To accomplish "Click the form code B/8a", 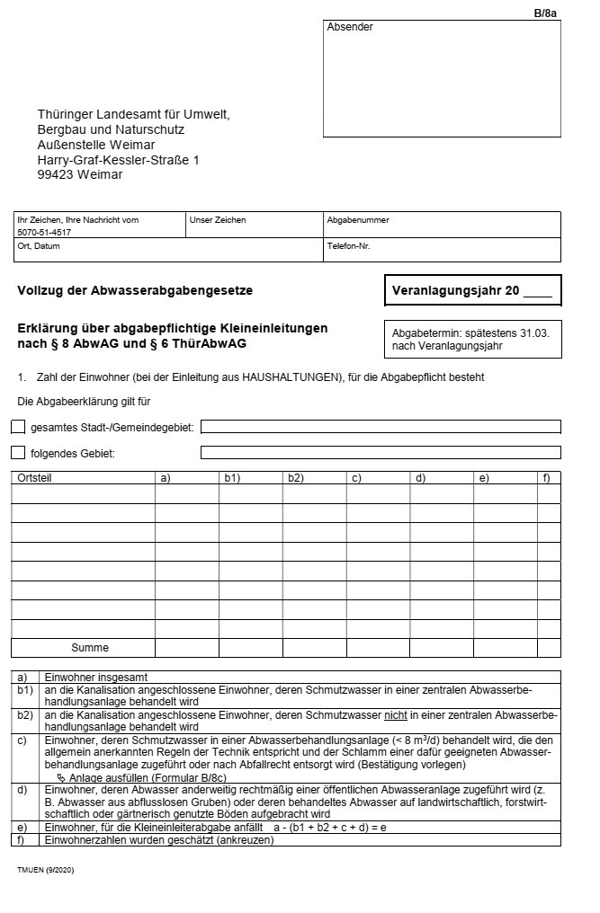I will (546, 13).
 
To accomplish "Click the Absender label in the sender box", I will (350, 28).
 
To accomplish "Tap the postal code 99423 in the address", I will (55, 174).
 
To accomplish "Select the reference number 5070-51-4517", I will (44, 232).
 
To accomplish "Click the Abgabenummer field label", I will (357, 219).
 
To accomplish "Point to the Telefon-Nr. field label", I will (348, 245).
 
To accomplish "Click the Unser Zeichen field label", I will (217, 219).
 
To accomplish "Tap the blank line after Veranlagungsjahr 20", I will (537, 292).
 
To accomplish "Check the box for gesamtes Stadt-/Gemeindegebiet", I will (18, 426).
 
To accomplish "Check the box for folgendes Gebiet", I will (18, 452).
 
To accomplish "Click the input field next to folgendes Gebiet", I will (380, 452).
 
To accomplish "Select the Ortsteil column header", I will (35, 477).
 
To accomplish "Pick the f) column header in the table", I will (546, 477).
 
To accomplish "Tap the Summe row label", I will (90, 647).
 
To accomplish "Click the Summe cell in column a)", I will (186, 647).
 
